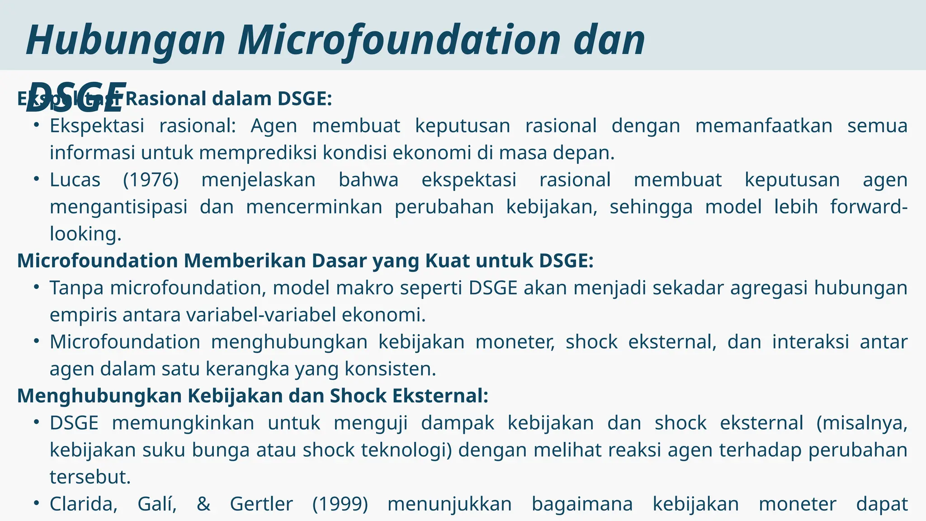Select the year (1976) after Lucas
pos(151,180)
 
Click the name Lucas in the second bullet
pos(75,180)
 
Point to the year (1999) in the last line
pos(340,504)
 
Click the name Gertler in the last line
pos(261,504)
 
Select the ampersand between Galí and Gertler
pos(203,504)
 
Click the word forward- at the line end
pos(869,207)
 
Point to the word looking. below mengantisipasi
pos(85,234)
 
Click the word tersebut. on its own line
pos(90,477)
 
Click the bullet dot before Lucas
pos(37,179)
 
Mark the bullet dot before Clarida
pos(37,503)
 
